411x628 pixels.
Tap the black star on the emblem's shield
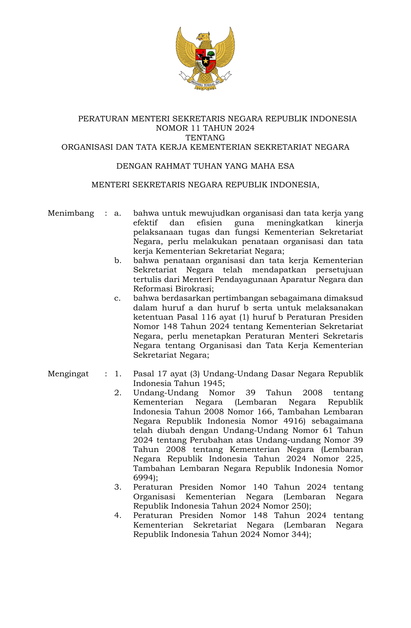pos(205,60)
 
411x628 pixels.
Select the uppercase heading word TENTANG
pos(205,138)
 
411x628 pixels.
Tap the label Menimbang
pos(71,213)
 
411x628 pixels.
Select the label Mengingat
pos(68,374)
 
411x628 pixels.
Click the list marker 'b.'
pos(118,260)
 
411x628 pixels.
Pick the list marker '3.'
pos(118,487)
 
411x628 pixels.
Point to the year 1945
pos(213,383)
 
